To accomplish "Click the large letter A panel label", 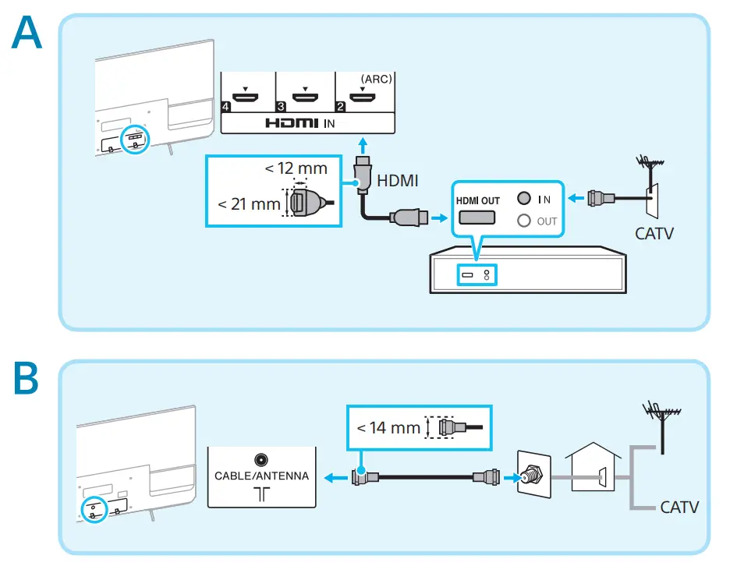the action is click(x=27, y=32).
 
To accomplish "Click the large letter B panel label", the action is click(x=26, y=378).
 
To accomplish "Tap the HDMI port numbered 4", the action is click(x=246, y=97).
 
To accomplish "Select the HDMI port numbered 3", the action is click(x=305, y=97).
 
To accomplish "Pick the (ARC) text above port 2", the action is click(x=376, y=79).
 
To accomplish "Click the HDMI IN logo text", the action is click(x=300, y=123).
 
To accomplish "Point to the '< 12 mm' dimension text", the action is click(x=296, y=168).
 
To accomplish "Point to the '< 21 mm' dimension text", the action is click(x=249, y=204).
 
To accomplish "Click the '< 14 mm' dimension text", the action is click(x=388, y=428).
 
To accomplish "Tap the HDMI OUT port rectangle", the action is click(x=477, y=218).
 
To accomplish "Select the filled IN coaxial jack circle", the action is click(x=523, y=198).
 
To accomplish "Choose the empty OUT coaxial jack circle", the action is click(x=523, y=221).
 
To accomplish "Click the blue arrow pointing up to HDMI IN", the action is click(x=363, y=145).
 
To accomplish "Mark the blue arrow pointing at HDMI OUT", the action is click(x=440, y=218).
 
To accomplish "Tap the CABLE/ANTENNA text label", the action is click(x=262, y=476).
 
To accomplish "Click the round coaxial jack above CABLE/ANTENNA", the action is click(x=260, y=459).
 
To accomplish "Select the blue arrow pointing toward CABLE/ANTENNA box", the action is click(x=335, y=478).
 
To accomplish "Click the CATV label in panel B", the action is click(x=679, y=508).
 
